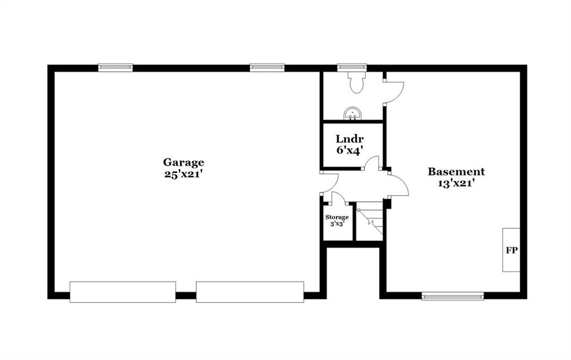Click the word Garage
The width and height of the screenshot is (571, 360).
tap(183, 162)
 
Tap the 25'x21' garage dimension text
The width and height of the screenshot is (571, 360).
tap(183, 174)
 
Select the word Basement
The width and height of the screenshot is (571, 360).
tap(456, 172)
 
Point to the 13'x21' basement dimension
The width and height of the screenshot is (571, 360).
tap(456, 183)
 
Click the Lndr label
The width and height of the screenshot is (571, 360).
tap(350, 139)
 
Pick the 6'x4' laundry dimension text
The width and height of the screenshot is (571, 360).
tap(350, 150)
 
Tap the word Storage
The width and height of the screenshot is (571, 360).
tap(337, 217)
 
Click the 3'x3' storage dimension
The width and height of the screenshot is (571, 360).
tap(337, 224)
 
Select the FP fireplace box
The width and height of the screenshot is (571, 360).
tap(511, 250)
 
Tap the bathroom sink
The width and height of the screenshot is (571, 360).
tap(352, 114)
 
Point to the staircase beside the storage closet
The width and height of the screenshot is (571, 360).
tap(369, 222)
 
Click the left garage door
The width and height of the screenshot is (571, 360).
tap(123, 292)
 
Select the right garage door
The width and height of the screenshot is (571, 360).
tap(250, 292)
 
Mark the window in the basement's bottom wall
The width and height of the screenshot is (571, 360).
tap(453, 296)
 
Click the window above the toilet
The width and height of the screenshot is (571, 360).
tap(352, 67)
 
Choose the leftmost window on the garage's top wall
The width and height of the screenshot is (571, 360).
tap(115, 67)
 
